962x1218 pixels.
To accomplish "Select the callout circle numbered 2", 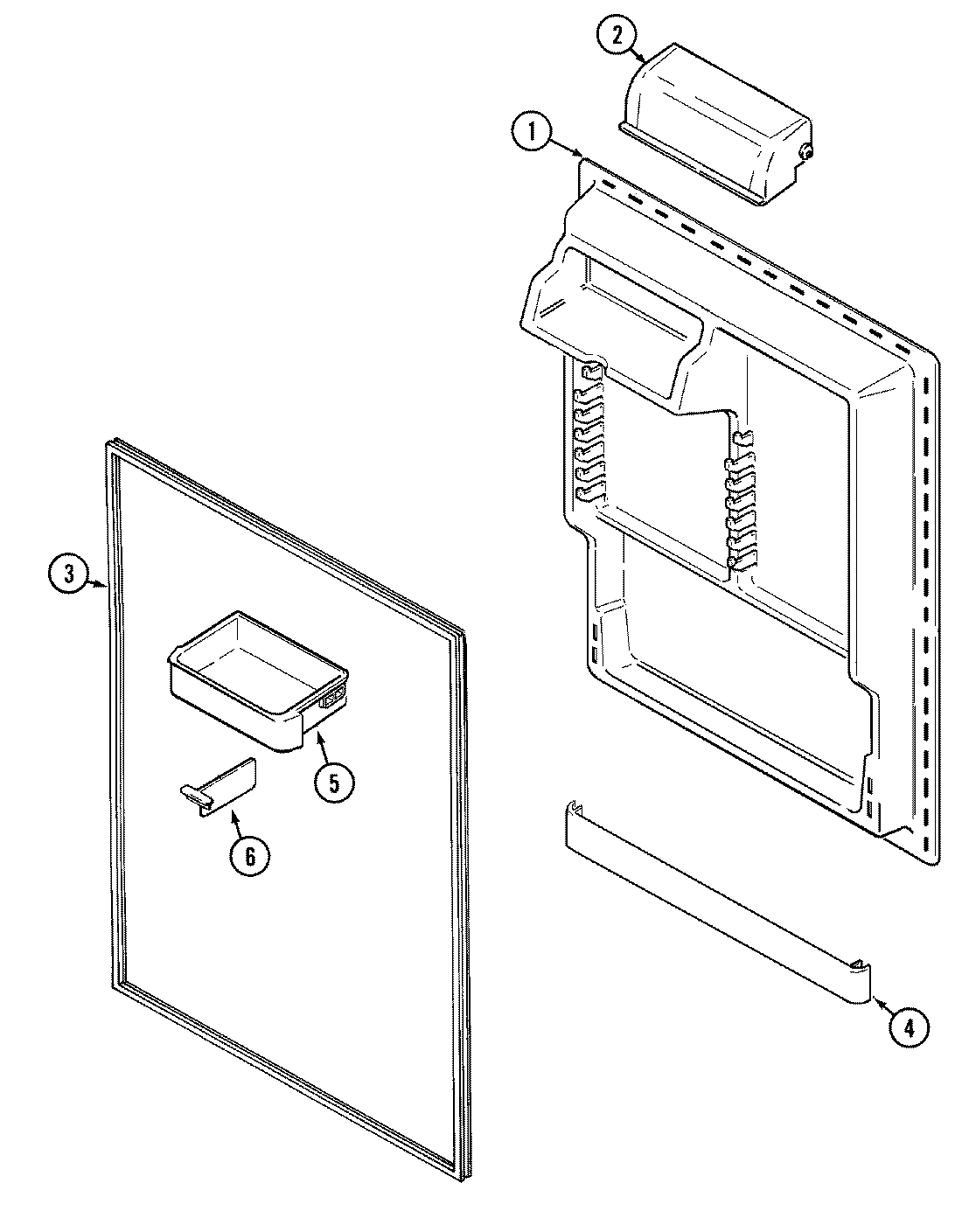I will pos(618,36).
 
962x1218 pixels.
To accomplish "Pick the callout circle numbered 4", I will pos(909,1028).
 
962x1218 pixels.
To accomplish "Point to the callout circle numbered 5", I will pos(335,781).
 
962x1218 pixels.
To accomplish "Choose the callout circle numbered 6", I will pos(250,856).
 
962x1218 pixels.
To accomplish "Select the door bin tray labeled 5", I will pos(254,673).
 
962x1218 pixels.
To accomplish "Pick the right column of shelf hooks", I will pos(742,503).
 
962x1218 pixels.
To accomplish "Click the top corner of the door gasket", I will pos(112,445).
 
